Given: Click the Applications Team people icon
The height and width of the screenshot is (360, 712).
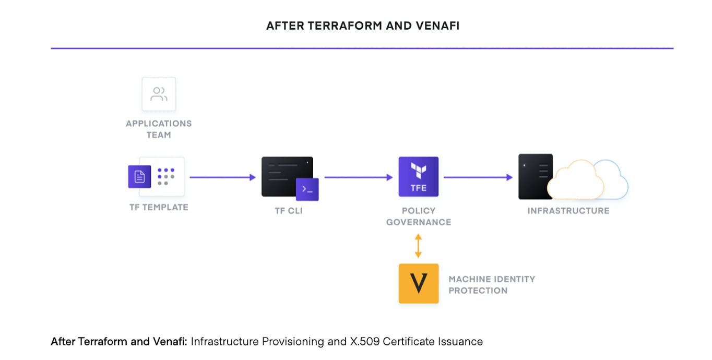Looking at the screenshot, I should click(159, 94).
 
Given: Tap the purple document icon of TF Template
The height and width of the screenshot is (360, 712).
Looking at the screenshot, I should click(139, 177).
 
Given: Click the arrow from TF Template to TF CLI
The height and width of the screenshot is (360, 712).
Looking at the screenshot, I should click(222, 177).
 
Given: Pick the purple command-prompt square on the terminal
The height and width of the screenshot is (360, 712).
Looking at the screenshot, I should click(307, 189).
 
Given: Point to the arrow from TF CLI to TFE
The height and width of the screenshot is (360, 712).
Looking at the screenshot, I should click(358, 177).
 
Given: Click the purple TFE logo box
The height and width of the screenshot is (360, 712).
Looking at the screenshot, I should click(418, 177).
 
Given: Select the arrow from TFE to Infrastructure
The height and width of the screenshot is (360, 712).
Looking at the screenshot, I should click(478, 177).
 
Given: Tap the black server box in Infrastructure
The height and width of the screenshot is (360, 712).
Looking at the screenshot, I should click(535, 176).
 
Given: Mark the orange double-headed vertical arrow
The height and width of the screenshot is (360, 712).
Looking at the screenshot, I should click(418, 246).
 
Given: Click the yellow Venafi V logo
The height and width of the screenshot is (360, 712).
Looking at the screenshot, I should click(418, 283).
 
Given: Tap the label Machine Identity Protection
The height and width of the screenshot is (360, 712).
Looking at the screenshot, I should click(491, 285).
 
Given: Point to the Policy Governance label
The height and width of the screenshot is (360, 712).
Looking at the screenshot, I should click(418, 217).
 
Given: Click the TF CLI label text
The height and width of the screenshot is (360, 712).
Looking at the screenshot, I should click(289, 211).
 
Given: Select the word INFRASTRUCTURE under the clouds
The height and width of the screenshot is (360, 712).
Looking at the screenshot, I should click(568, 211).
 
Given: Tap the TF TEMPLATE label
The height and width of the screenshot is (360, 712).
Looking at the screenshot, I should click(159, 207).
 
